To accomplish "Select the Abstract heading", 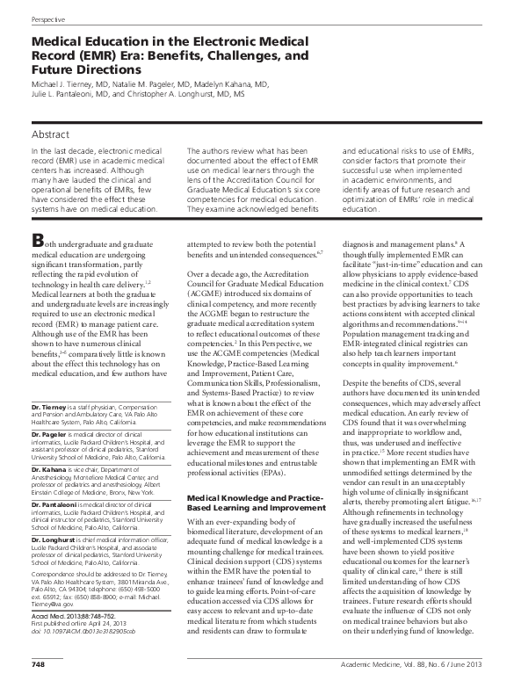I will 53,134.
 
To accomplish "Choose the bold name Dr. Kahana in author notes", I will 47,470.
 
